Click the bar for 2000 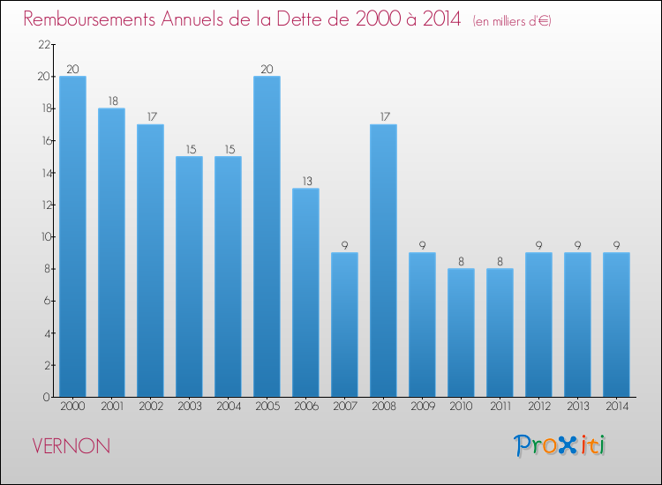(x=72, y=236)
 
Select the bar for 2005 (x=267, y=236)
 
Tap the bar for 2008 (x=383, y=261)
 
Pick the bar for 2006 (x=305, y=293)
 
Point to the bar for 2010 (x=461, y=332)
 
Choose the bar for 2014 (x=616, y=325)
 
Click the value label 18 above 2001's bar (x=113, y=101)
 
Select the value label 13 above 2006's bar (x=307, y=182)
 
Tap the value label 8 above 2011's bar (x=500, y=262)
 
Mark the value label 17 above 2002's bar (x=152, y=116)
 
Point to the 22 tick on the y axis (x=44, y=44)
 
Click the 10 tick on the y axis (x=45, y=236)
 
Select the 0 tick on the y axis (x=47, y=397)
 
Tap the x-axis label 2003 (x=190, y=407)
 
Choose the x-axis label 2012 (x=539, y=407)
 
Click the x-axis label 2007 (x=345, y=407)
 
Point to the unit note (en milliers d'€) (x=512, y=21)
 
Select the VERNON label (x=71, y=446)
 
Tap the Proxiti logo (x=560, y=445)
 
